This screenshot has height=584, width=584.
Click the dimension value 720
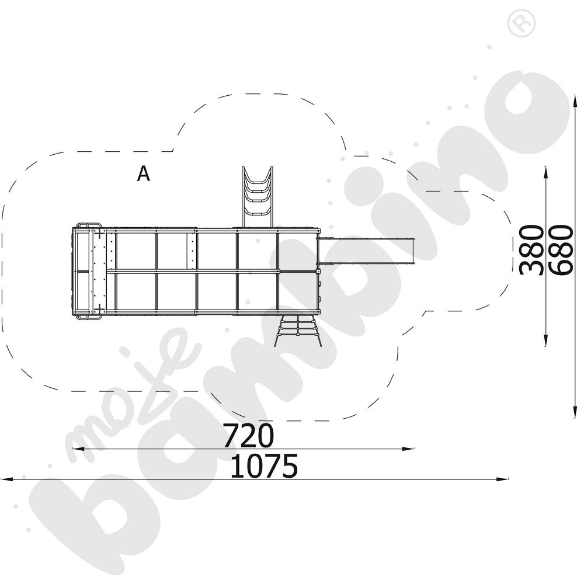point(248,436)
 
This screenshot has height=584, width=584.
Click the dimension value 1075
point(264,465)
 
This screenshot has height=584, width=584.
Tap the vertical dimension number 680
point(561,250)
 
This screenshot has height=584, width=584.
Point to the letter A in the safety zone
point(144,173)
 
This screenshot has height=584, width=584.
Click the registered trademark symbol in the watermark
point(522,23)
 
